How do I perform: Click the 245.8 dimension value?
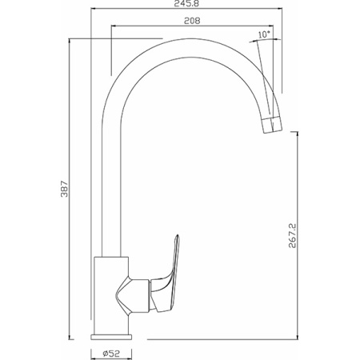[186, 4]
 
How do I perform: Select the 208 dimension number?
[192, 21]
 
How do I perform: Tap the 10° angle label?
[264, 34]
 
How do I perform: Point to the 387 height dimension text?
[65, 189]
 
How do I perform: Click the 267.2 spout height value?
[292, 236]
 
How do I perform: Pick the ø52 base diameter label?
[111, 354]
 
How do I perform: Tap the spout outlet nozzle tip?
[272, 125]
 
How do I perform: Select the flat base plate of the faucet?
[111, 337]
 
